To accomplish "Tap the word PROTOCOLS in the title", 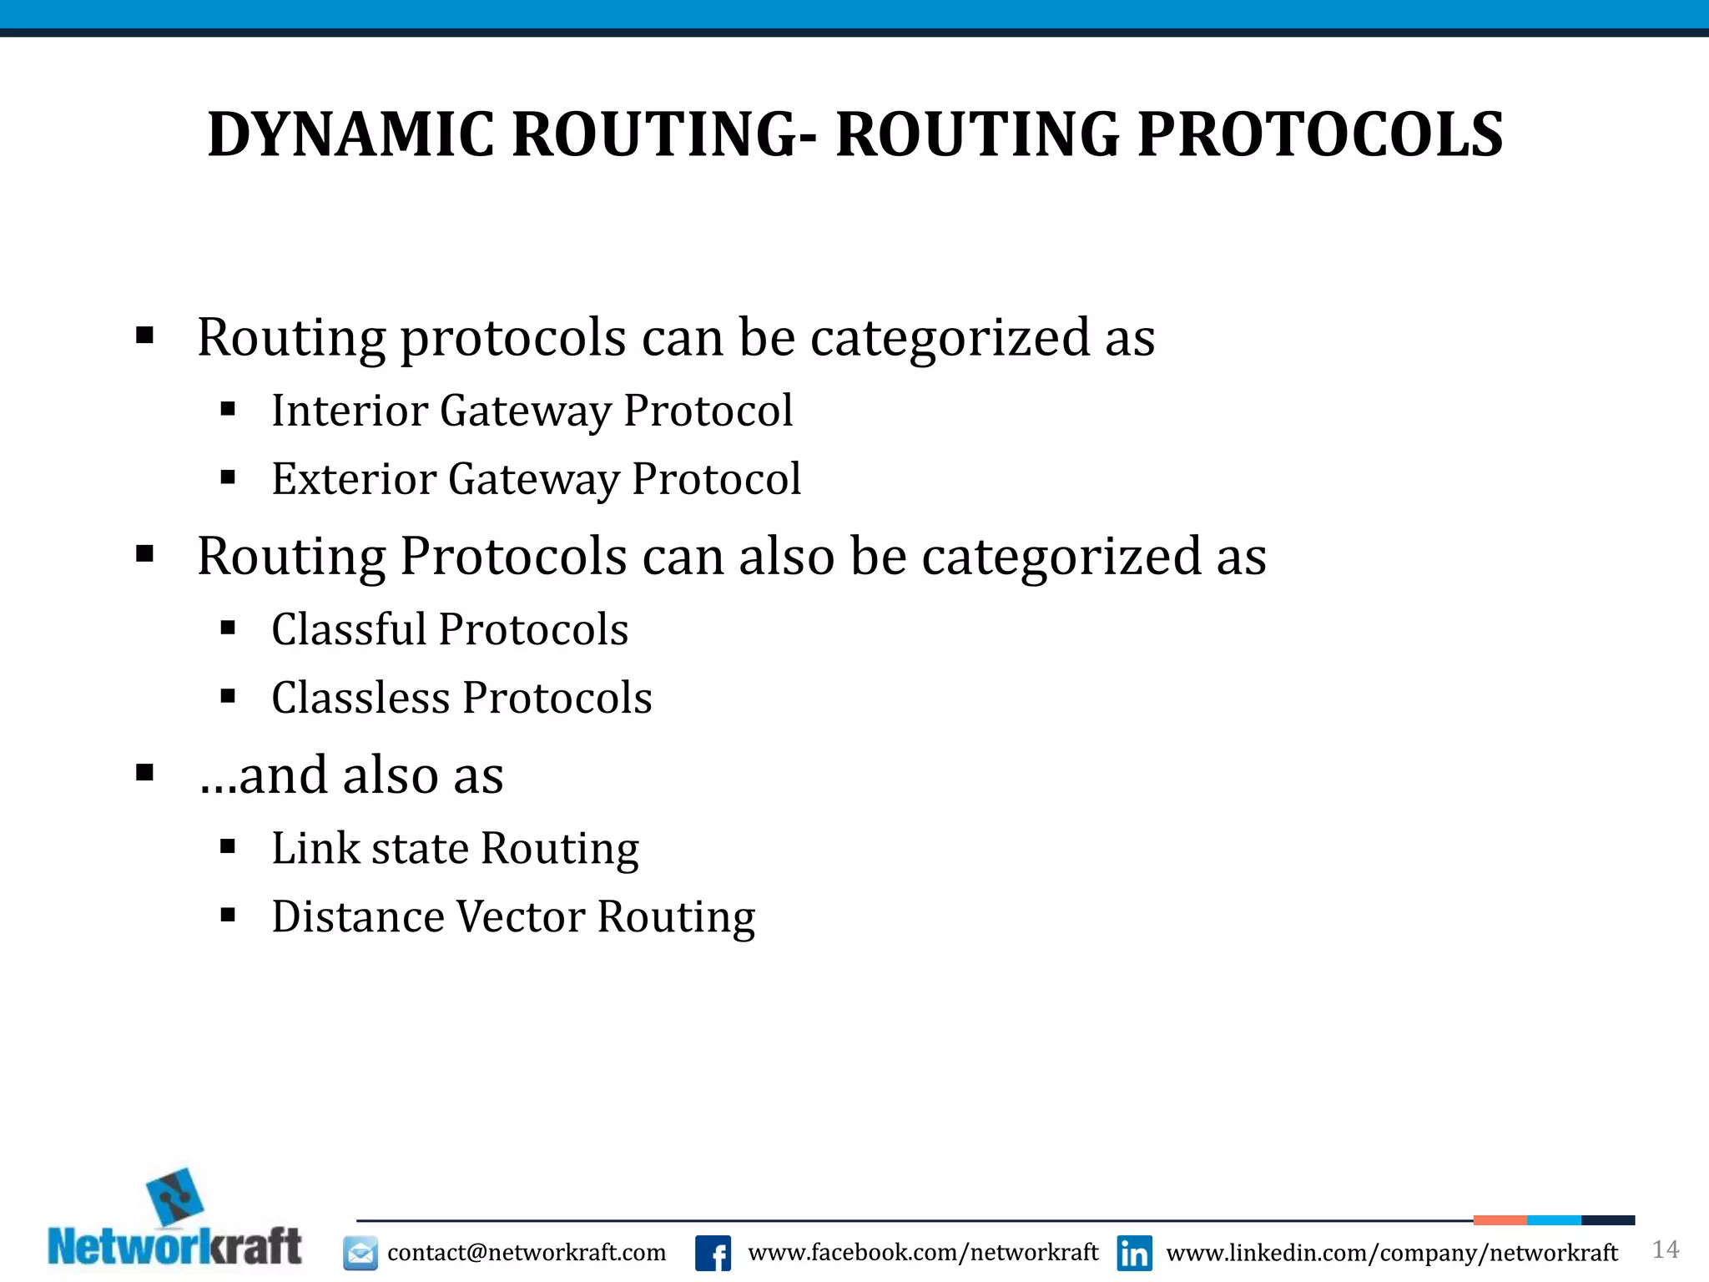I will click(x=1320, y=135).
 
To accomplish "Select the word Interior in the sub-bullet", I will click(x=350, y=411).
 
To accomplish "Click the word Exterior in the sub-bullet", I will click(x=354, y=479).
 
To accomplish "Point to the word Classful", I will click(x=350, y=629).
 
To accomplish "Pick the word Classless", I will click(x=361, y=698).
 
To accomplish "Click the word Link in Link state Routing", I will click(x=315, y=849).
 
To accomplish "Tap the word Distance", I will click(x=358, y=917).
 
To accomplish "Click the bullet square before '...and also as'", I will click(x=145, y=773).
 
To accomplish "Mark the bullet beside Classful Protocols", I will click(x=228, y=628).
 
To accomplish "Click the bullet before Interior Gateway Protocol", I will click(x=228, y=409).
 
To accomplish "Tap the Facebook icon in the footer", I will click(x=713, y=1253).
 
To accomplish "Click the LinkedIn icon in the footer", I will click(x=1134, y=1253).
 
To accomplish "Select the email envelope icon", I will click(x=360, y=1253).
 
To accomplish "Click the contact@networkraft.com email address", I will click(x=527, y=1253).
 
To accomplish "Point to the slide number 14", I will click(x=1666, y=1249).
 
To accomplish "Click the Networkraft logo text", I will click(x=174, y=1247).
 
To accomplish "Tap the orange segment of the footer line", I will click(x=1500, y=1220).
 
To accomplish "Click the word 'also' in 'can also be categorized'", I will click(x=786, y=557).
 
